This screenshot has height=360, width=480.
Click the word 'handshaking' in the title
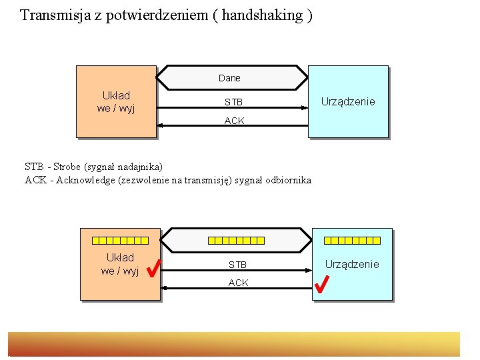coord(265,15)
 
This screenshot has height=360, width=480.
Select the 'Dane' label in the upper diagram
coord(229,78)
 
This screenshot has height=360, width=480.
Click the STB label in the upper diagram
coord(233,103)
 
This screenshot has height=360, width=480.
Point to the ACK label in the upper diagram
coord(234,121)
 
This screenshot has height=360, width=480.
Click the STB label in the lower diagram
coord(237,265)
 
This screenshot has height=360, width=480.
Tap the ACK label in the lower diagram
coord(238,283)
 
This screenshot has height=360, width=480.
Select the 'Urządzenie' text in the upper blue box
coord(348,101)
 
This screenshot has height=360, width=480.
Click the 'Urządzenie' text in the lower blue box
coord(352,264)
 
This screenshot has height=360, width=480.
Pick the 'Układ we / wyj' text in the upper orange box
coord(116,102)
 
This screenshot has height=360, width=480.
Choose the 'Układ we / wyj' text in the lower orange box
coord(120,264)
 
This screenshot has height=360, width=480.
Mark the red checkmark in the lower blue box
coord(321,285)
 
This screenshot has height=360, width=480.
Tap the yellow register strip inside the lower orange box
coord(120,240)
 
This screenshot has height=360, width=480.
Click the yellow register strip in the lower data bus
coord(236,240)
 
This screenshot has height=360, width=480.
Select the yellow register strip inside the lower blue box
coord(352,240)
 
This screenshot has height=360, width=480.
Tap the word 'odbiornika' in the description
coord(288,180)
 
